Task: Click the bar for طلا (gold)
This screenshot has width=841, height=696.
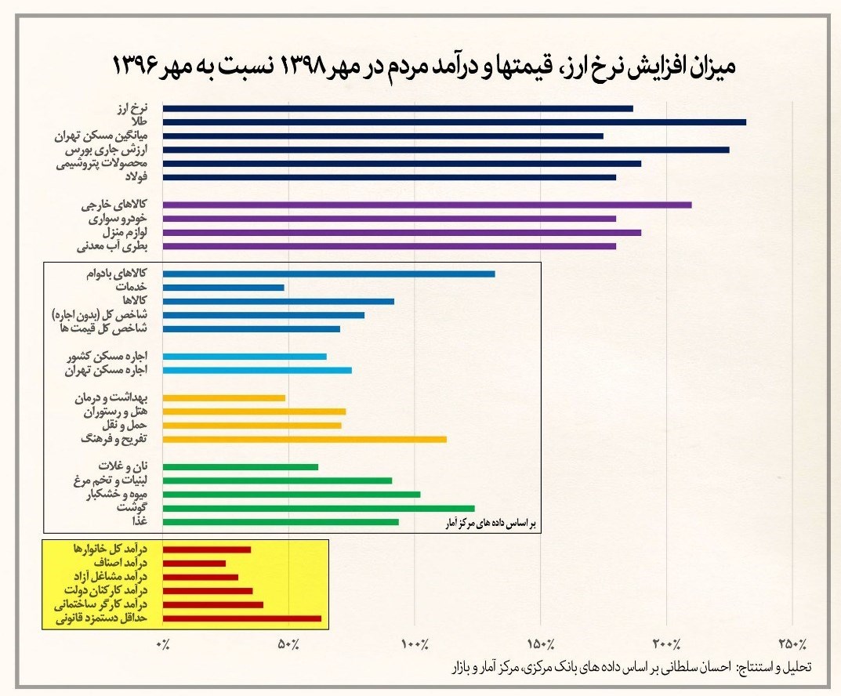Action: (x=455, y=122)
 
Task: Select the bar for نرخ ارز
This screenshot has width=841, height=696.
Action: (x=398, y=108)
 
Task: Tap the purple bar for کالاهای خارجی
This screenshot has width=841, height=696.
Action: (x=427, y=205)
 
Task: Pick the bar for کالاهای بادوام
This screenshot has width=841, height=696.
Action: (x=329, y=274)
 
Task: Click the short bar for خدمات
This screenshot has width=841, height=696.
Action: (x=223, y=288)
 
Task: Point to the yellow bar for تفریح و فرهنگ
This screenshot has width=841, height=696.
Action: (x=305, y=439)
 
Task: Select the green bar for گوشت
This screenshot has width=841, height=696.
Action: (x=319, y=508)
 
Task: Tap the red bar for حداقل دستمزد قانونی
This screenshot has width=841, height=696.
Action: (x=242, y=618)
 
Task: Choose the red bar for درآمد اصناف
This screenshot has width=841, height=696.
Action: (x=194, y=563)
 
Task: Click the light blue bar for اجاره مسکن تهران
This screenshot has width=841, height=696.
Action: (x=257, y=370)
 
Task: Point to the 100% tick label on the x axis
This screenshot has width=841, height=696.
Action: (x=415, y=644)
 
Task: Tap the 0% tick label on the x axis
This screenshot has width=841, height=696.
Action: (x=163, y=644)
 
